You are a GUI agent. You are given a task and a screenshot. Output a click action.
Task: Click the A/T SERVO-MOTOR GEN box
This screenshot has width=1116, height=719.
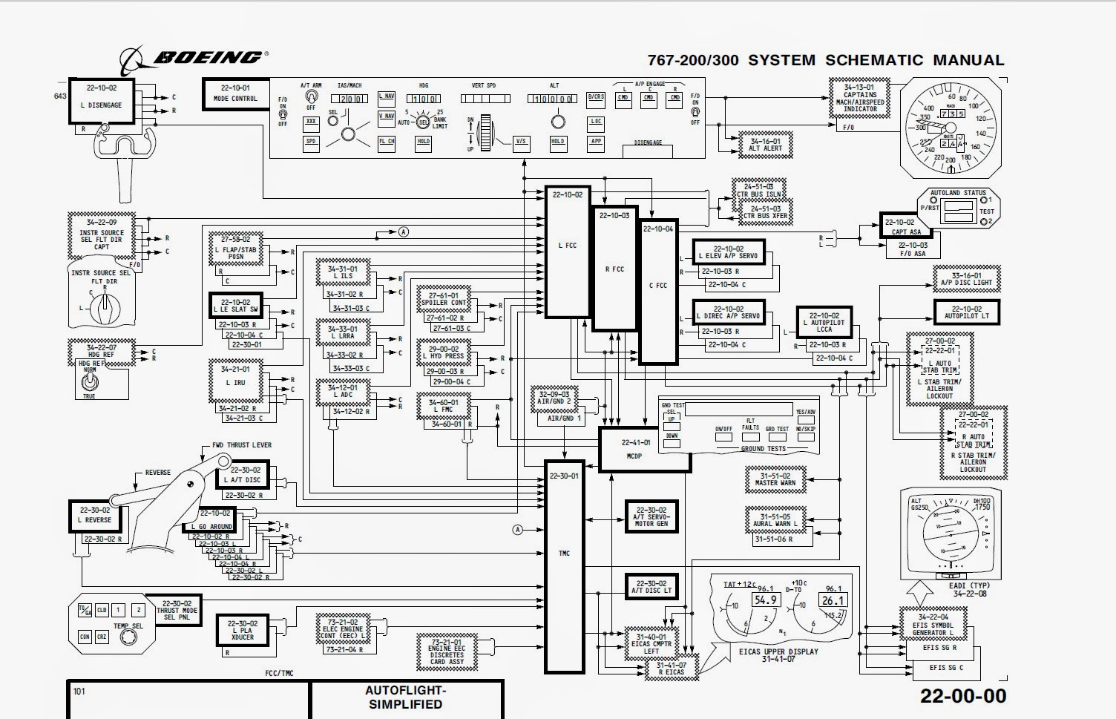coord(651,516)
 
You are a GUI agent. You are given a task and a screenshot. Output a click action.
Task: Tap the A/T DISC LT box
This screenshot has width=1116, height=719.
coord(651,587)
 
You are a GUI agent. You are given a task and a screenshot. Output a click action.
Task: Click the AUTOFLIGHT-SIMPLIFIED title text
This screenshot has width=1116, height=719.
coord(405,697)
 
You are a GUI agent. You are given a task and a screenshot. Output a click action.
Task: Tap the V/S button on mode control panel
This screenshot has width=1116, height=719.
coord(522,142)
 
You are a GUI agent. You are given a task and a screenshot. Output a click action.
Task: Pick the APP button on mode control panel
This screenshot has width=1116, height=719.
coord(596,141)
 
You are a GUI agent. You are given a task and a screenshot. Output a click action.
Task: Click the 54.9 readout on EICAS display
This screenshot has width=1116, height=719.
coord(765,600)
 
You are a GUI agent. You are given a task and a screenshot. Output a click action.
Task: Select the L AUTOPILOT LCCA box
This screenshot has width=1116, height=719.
coord(824,322)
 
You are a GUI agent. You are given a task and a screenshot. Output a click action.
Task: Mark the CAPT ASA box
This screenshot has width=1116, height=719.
coord(906,226)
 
